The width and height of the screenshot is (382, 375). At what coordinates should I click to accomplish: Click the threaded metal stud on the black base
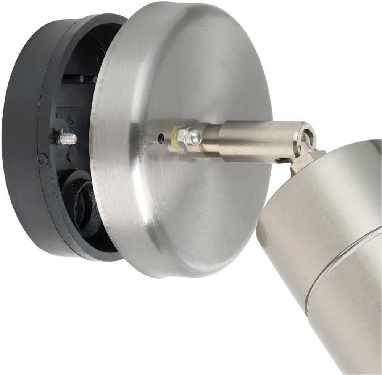click(x=67, y=139)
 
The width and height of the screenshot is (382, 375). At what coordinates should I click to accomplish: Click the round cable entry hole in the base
click(x=82, y=202)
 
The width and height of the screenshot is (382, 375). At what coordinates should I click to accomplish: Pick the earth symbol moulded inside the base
click(x=70, y=119)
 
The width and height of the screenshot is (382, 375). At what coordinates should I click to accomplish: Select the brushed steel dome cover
click(x=183, y=76)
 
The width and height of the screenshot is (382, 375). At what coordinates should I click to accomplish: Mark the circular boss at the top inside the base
click(x=100, y=53)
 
